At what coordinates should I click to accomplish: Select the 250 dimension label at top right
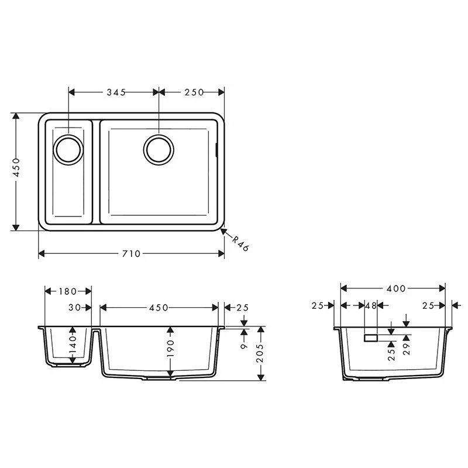tap(194, 92)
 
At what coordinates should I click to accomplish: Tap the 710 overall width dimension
tap(131, 253)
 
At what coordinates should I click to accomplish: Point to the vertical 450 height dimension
tap(16, 168)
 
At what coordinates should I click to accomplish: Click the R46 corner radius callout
tap(240, 243)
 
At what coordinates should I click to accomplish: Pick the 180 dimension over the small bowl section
tap(68, 291)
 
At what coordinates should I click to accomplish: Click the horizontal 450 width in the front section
tap(159, 307)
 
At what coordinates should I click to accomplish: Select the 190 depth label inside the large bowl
tap(170, 350)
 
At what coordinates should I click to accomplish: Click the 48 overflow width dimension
tap(370, 305)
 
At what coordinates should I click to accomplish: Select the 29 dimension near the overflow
tap(406, 349)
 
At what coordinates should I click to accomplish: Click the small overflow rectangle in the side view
tap(371, 338)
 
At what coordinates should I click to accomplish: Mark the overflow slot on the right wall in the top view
tap(217, 149)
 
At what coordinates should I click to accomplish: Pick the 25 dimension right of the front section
tap(243, 307)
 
